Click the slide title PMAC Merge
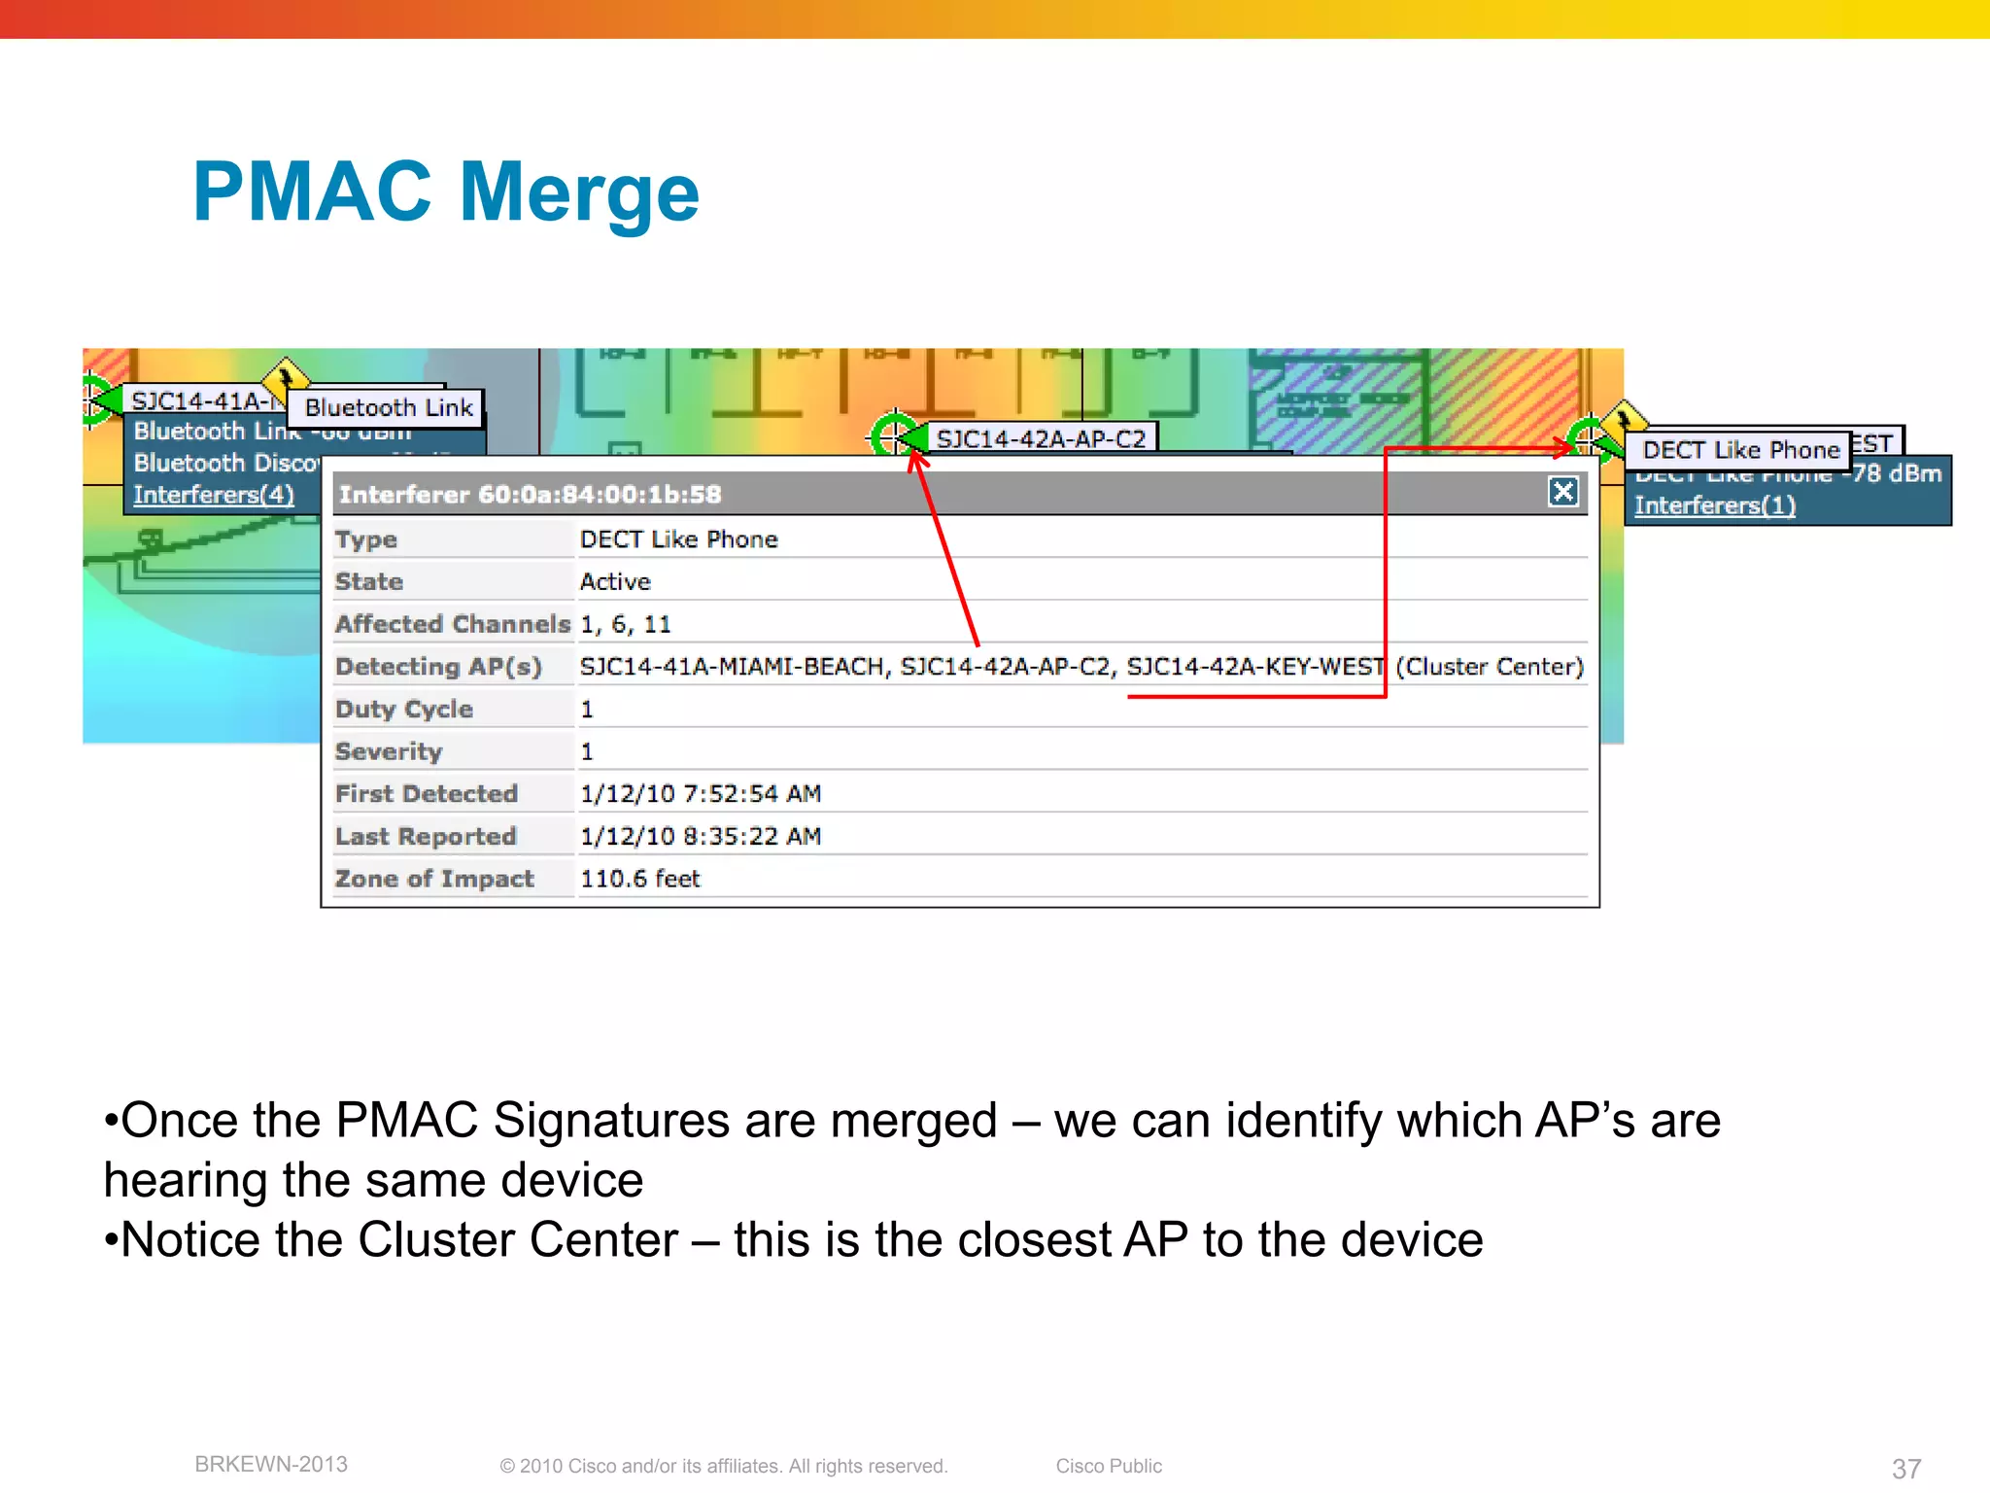(x=446, y=192)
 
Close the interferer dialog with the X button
(x=1562, y=492)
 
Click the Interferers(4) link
(x=214, y=495)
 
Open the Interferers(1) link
(x=1714, y=505)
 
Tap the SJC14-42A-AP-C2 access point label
(x=1041, y=439)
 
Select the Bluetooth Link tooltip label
(x=389, y=407)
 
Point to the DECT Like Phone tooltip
(x=1740, y=450)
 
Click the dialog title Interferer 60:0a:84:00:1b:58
(x=531, y=495)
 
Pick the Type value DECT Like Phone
(x=679, y=539)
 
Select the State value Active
(x=615, y=582)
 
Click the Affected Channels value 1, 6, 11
(x=626, y=624)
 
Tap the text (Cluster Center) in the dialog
(x=1490, y=667)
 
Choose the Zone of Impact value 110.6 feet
(x=640, y=879)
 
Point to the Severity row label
(x=389, y=751)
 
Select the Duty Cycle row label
(x=404, y=709)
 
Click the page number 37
(x=1905, y=1469)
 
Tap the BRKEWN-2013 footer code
(x=271, y=1465)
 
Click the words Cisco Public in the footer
(x=1109, y=1466)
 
